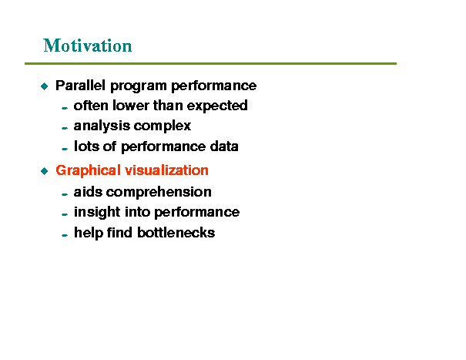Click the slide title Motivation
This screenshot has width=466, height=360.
[x=87, y=45]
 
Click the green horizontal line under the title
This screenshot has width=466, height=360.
[x=210, y=63]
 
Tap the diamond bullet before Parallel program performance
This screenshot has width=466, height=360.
[x=44, y=86]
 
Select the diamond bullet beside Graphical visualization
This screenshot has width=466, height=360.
[x=44, y=171]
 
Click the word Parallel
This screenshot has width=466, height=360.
[x=80, y=86]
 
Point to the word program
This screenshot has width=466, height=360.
[x=138, y=86]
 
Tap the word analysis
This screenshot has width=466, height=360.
[x=102, y=126]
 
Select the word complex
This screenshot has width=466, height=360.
[x=162, y=126]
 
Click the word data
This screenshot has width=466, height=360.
[x=224, y=146]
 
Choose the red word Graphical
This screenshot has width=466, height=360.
[x=88, y=171]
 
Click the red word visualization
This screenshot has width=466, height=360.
[x=166, y=170]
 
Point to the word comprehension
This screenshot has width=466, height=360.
[x=159, y=193]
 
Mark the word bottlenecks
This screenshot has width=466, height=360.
[x=176, y=232]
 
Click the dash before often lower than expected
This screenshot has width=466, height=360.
[x=65, y=108]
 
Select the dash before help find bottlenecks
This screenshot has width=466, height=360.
[x=65, y=235]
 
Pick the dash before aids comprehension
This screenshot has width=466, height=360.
[x=65, y=194]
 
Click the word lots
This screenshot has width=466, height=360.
[x=86, y=146]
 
